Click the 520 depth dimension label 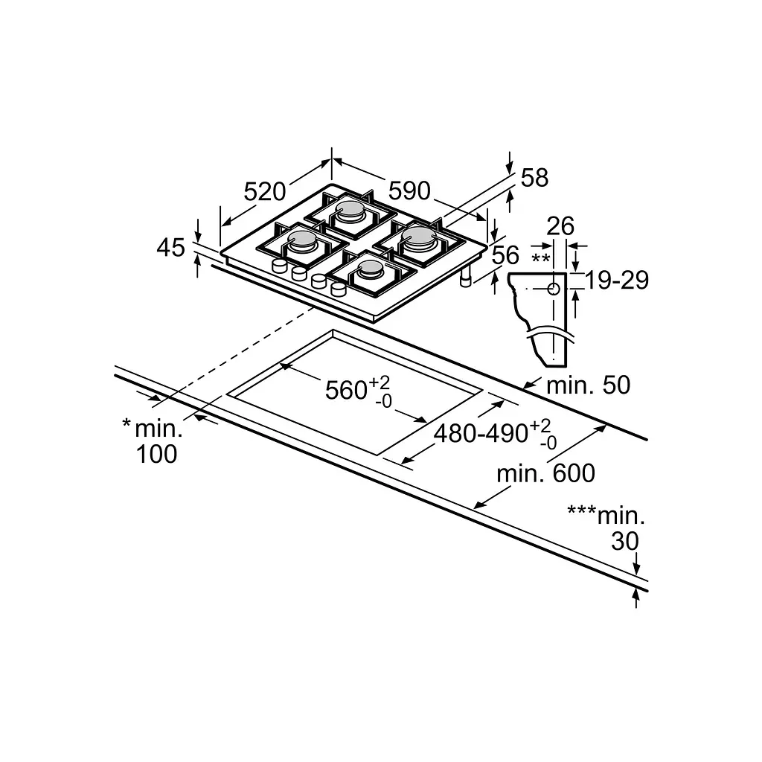[264, 191]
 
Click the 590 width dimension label [409, 190]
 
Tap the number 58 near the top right [534, 177]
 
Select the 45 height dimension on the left [171, 247]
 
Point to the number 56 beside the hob [505, 255]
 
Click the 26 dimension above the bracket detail [560, 226]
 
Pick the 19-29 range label [617, 280]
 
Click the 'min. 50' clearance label [589, 385]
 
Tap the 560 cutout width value [346, 390]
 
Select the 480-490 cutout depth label [481, 433]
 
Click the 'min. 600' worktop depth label [545, 473]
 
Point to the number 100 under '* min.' [156, 455]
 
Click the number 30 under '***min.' [625, 541]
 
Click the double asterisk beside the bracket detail [541, 258]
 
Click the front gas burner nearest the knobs [371, 269]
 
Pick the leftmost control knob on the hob [280, 266]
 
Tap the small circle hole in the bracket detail [554, 289]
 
